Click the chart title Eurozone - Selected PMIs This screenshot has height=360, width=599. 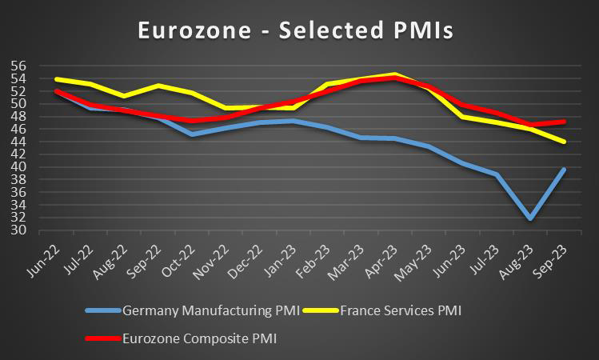295,30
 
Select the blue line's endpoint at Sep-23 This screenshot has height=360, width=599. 565,170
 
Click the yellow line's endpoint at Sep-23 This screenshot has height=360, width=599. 565,141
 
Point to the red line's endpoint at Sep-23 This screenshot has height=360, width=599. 565,122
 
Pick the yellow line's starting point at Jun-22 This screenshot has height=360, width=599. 56,79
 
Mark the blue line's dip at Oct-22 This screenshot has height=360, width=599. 192,134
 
